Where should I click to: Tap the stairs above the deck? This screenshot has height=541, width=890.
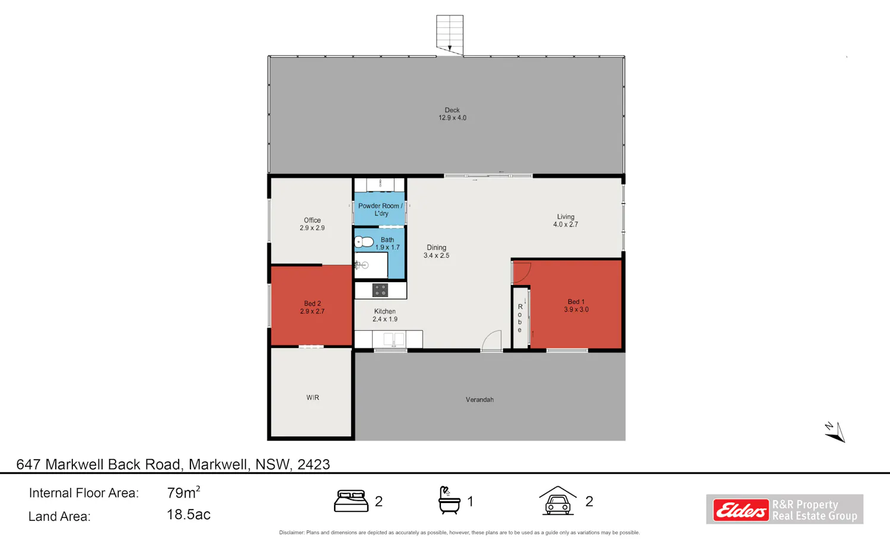coord(450,35)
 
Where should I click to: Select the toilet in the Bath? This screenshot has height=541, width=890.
coord(364,242)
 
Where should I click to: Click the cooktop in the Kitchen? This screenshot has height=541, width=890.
coord(380,290)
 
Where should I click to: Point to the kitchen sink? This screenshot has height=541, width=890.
coord(394,339)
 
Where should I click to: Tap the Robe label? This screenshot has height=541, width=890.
coord(520,318)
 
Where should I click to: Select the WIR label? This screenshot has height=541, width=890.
coord(313,397)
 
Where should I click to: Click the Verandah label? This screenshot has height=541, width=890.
coord(479,400)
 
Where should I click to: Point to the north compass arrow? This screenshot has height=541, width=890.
coord(836,433)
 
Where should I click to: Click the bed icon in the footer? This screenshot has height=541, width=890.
coord(351,501)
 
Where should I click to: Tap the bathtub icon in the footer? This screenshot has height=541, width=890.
coord(449,501)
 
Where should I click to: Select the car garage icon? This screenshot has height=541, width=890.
coord(558,501)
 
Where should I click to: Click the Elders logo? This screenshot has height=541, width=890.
coord(741,510)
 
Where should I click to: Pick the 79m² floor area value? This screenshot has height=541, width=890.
coord(183,492)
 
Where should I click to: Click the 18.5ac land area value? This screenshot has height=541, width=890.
coord(188,514)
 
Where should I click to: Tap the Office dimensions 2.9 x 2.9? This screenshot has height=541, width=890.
coord(312,228)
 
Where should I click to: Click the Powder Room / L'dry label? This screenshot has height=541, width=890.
coord(381,210)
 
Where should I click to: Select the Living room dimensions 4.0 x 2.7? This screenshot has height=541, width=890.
coord(565,224)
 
